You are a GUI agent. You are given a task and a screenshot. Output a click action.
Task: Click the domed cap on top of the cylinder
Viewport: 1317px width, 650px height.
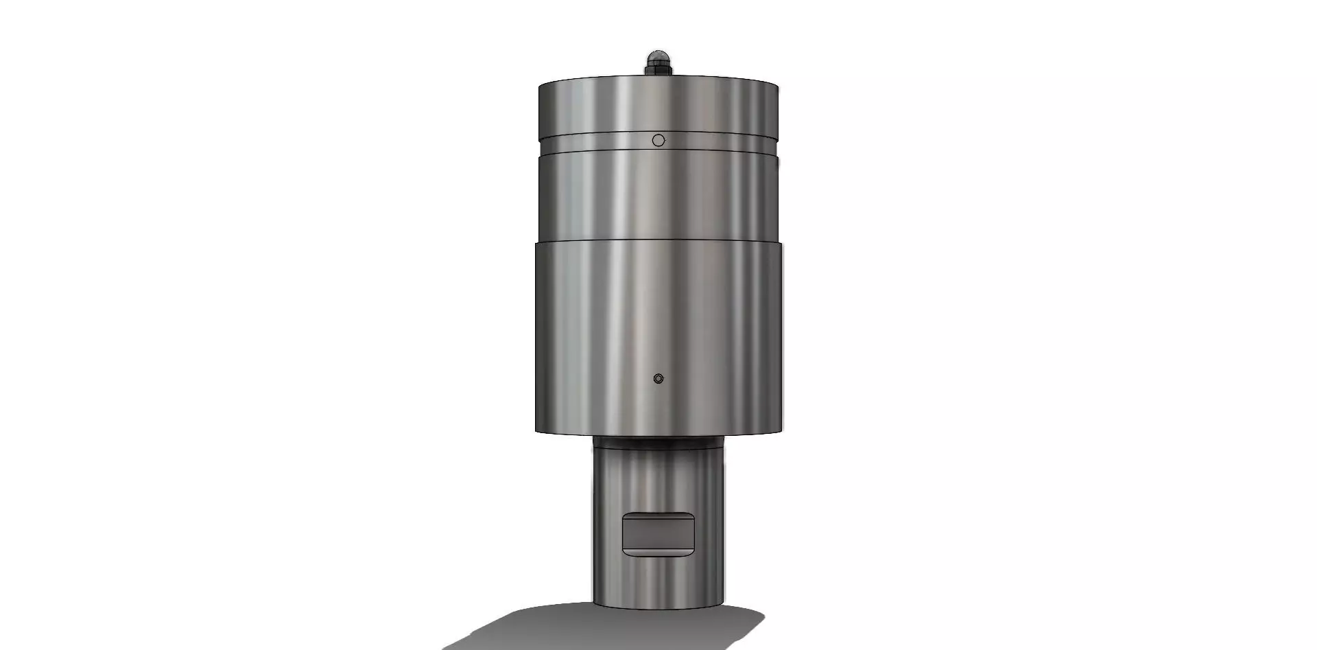pyautogui.click(x=658, y=56)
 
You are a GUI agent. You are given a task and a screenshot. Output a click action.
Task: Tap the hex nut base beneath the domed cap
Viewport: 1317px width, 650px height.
pyautogui.click(x=658, y=69)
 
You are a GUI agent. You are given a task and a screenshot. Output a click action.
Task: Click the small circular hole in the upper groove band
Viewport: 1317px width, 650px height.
pyautogui.click(x=658, y=140)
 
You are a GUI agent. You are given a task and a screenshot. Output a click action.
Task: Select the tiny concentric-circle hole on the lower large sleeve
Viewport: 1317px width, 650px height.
pyautogui.click(x=658, y=378)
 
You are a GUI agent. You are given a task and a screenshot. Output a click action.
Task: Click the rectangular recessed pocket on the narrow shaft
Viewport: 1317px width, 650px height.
pyautogui.click(x=658, y=535)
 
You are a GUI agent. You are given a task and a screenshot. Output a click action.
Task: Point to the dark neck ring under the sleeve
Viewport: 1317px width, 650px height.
pyautogui.click(x=658, y=442)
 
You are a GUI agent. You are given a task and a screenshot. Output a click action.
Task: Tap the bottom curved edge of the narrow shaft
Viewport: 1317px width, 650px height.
pyautogui.click(x=658, y=608)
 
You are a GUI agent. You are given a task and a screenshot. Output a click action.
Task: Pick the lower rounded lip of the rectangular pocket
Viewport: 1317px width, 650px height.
pyautogui.click(x=658, y=551)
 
